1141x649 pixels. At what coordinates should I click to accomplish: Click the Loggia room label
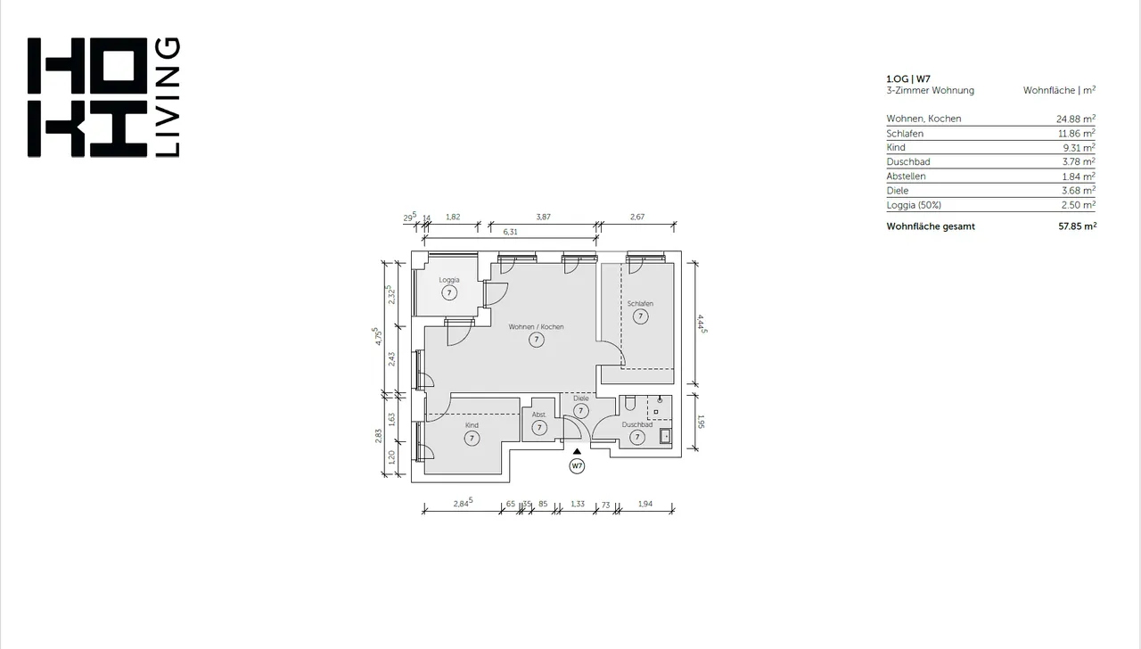tap(448, 280)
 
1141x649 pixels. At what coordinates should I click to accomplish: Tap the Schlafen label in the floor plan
tap(640, 304)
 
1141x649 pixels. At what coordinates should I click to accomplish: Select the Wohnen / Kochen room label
tap(536, 327)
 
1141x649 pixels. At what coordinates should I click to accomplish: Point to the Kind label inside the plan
tap(472, 425)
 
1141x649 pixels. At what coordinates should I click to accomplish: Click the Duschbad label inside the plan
tap(636, 424)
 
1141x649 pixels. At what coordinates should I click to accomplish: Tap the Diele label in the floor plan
tap(580, 398)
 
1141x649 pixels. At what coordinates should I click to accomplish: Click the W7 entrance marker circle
tap(577, 466)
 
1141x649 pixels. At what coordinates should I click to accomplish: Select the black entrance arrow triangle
tap(577, 451)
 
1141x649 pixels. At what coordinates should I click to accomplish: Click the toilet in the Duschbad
tap(629, 404)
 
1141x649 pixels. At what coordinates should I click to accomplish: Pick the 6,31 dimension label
tap(510, 232)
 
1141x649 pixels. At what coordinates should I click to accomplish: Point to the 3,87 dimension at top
tap(543, 217)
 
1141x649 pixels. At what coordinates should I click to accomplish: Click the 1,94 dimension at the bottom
tap(644, 504)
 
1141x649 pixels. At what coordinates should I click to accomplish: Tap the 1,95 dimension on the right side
tap(701, 422)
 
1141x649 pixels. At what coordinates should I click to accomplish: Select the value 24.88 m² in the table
tap(1076, 119)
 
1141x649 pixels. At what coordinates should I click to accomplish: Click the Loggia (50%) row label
tap(914, 205)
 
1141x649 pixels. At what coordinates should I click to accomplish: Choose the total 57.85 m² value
tap(1078, 226)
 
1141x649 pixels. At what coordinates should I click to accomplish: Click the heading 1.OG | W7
tap(908, 79)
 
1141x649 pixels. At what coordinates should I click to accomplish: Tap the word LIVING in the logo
tap(167, 97)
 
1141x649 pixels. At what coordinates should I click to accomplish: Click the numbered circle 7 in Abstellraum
tap(539, 427)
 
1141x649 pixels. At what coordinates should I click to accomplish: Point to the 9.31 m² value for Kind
tap(1079, 148)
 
